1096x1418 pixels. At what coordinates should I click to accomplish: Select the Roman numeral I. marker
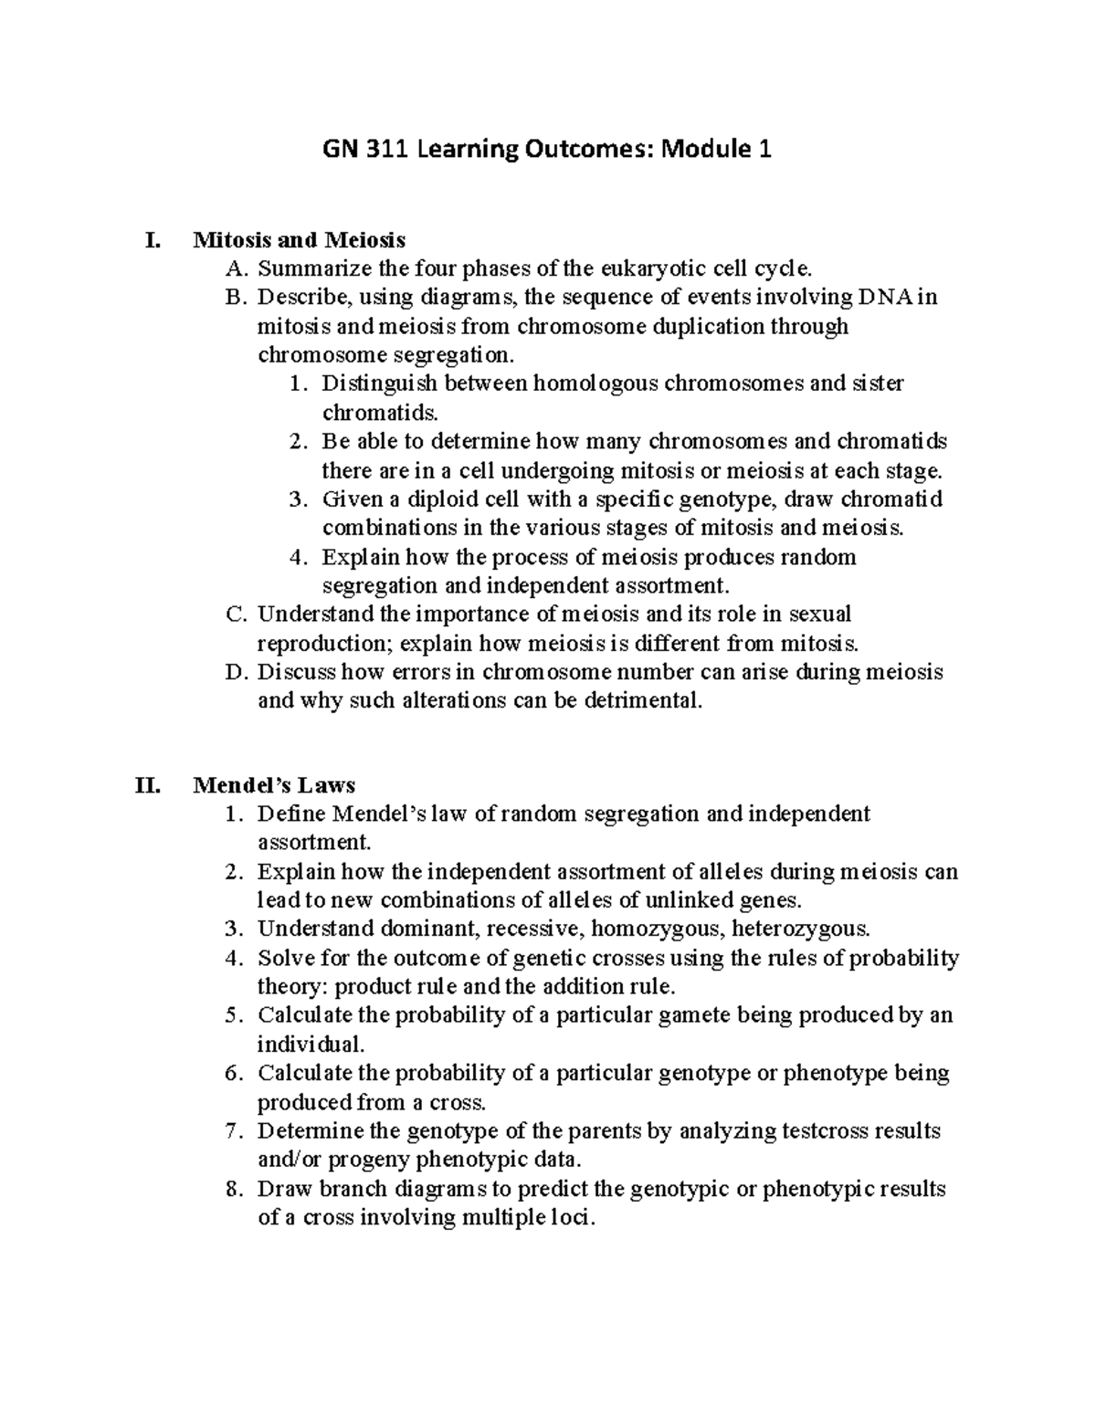click(x=153, y=240)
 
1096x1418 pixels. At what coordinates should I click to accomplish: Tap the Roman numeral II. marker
click(x=148, y=785)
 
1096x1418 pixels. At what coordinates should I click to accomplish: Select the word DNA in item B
click(x=883, y=298)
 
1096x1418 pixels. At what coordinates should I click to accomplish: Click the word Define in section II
click(x=290, y=814)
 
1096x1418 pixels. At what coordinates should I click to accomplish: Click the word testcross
click(x=826, y=1131)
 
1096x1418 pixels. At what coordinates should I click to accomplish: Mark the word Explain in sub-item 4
click(x=360, y=557)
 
